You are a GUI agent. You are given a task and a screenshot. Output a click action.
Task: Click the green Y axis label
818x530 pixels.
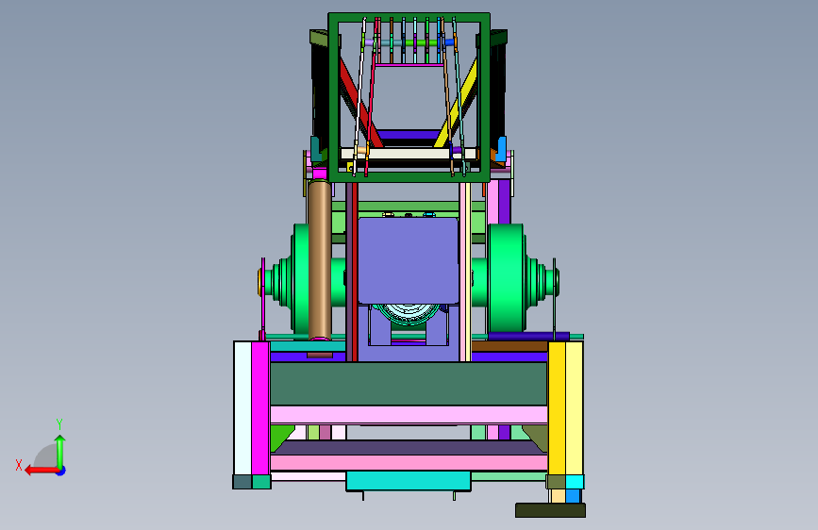59,424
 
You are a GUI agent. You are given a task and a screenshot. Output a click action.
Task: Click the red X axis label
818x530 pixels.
19,465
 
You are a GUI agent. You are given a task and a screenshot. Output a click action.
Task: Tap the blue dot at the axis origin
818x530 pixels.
61,471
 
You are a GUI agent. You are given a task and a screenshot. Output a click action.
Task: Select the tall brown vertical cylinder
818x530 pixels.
320,259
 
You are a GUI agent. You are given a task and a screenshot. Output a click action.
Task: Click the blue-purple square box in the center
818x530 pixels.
409,260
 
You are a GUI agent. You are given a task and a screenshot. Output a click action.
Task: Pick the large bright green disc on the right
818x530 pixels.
506,277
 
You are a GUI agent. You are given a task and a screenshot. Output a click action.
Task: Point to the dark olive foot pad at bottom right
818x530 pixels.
550,510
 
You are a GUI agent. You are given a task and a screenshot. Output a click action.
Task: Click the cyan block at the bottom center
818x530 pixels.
409,480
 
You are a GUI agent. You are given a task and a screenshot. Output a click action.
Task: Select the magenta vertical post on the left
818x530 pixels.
260,408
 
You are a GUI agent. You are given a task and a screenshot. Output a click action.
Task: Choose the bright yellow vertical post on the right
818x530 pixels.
557,408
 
